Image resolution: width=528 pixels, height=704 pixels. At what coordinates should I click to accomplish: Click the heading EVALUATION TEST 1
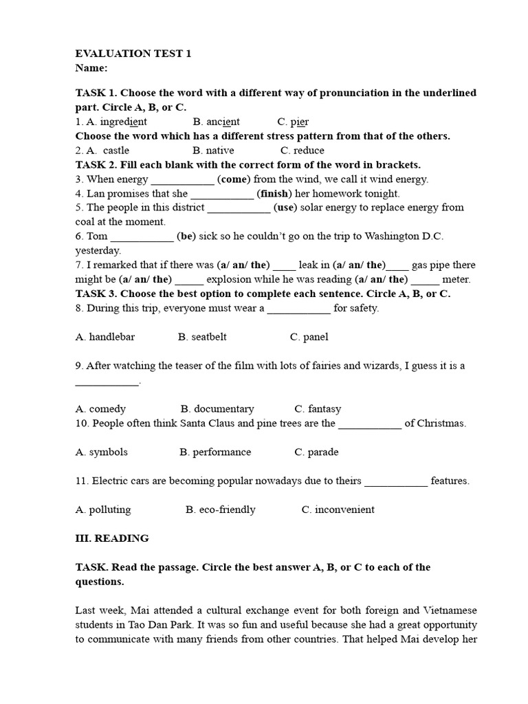133,54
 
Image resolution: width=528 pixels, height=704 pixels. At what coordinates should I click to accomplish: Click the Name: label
91,68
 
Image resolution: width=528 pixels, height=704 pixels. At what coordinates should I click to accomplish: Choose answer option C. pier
294,122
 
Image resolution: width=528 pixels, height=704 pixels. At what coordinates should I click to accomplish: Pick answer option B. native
213,150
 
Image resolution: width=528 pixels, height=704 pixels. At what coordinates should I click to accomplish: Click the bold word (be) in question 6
186,236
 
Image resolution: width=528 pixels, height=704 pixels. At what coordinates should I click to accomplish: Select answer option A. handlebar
105,337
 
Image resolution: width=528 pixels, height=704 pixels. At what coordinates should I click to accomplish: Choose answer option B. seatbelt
202,337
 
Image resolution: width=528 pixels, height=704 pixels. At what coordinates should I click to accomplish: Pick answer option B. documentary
217,408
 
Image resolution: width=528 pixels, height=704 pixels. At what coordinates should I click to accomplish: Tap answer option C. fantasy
318,408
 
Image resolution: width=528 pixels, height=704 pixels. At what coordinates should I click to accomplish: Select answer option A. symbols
102,452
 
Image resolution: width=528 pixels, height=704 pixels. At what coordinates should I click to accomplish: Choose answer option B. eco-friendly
221,509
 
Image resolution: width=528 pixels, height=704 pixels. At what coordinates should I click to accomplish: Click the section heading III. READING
111,538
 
